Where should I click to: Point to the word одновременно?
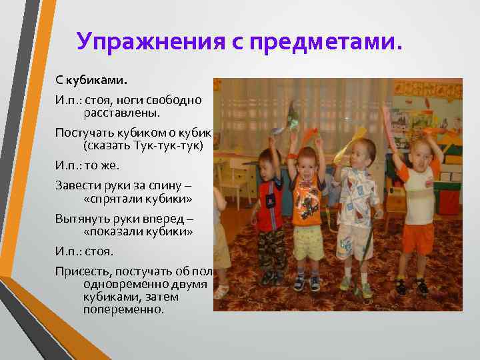[124, 283]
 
